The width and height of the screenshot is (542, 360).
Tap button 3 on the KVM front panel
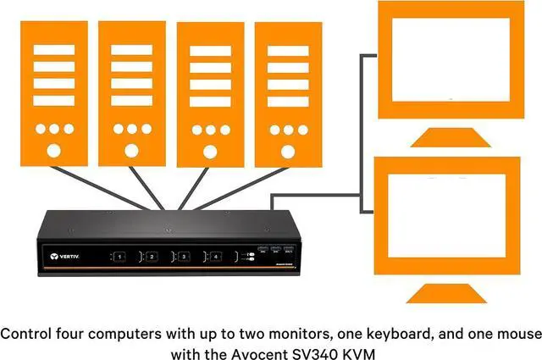tap(182, 255)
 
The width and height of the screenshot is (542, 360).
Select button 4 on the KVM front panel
tap(214, 255)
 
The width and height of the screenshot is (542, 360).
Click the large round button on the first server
tap(53, 152)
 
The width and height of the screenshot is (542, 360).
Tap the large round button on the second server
tap(131, 152)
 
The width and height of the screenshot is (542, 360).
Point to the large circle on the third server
tap(209, 152)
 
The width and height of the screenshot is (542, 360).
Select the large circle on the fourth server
tap(287, 152)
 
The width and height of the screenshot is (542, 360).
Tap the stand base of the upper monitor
tap(449, 137)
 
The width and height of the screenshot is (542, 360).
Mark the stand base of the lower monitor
tap(449, 294)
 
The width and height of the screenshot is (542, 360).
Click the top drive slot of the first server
tap(53, 49)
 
